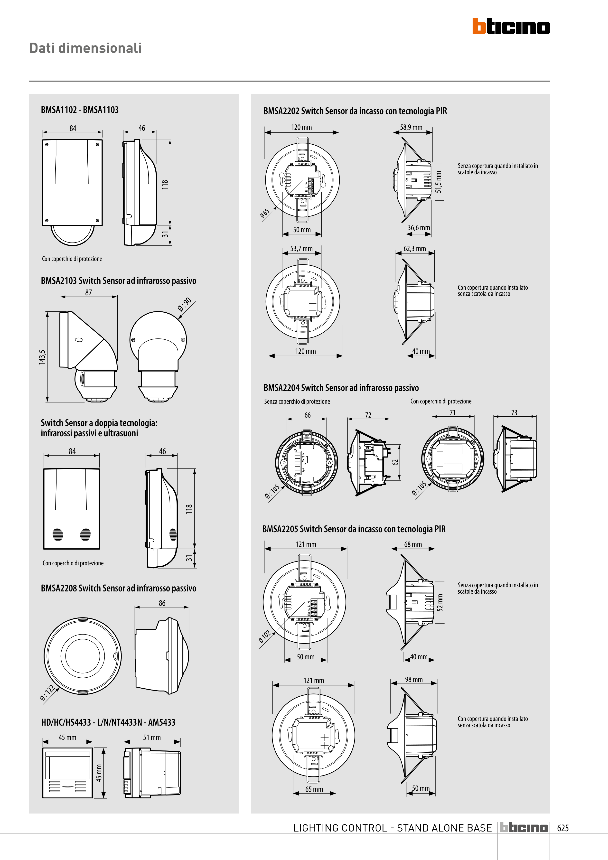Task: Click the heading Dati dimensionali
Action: click(x=85, y=48)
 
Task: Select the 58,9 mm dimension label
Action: click(x=411, y=127)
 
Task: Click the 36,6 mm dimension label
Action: click(x=419, y=228)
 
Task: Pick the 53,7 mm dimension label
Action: click(x=301, y=249)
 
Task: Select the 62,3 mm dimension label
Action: click(x=414, y=249)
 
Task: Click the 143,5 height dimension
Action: click(x=42, y=357)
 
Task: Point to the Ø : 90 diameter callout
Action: click(x=185, y=304)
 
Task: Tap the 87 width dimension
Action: click(x=88, y=292)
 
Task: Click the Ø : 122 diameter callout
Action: click(x=47, y=692)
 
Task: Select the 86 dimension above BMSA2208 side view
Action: click(x=162, y=603)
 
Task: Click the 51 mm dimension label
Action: click(x=152, y=737)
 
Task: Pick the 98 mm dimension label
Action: click(x=414, y=680)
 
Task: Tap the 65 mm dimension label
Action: click(x=314, y=789)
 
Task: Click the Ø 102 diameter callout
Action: click(x=264, y=636)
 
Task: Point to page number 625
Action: click(x=563, y=828)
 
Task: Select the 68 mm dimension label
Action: click(x=413, y=544)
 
